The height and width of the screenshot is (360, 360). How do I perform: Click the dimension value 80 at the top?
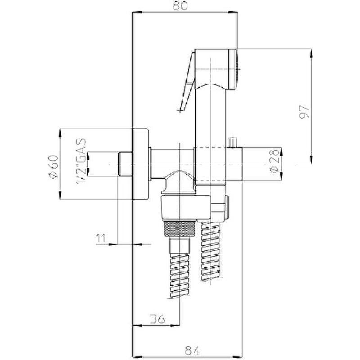(x=180, y=5)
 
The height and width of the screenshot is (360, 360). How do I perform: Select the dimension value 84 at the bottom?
(x=192, y=351)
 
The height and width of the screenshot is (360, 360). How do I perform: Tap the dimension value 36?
(x=157, y=319)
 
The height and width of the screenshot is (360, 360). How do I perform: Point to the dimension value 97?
(x=304, y=112)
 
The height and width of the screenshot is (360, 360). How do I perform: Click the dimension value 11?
(x=101, y=238)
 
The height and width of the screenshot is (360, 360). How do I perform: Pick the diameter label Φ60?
(x=53, y=167)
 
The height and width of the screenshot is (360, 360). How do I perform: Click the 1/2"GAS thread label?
(x=81, y=162)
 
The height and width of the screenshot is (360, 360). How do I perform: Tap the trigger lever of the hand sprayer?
(x=187, y=82)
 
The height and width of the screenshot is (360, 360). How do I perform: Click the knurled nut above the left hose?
(x=180, y=229)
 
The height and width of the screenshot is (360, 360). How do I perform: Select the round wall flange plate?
(x=140, y=164)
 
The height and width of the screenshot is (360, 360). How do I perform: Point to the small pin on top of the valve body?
(x=234, y=142)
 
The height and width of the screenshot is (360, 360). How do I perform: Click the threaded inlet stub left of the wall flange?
(x=125, y=164)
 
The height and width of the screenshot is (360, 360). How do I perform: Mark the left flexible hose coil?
(x=180, y=276)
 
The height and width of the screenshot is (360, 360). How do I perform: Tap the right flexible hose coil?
(x=211, y=251)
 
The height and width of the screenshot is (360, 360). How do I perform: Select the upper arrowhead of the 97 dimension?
(x=311, y=54)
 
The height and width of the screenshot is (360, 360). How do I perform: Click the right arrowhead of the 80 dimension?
(x=232, y=12)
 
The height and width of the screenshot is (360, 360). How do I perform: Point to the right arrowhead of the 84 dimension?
(x=238, y=357)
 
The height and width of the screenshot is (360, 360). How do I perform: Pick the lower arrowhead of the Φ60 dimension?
(x=60, y=195)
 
